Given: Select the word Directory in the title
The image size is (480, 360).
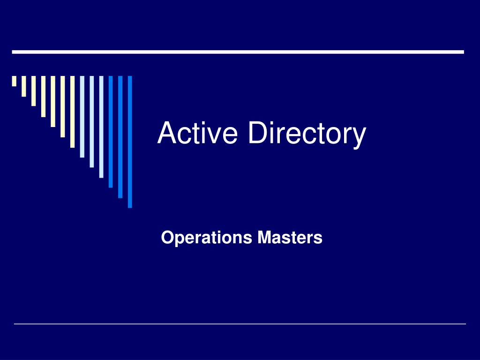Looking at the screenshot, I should coord(307,134).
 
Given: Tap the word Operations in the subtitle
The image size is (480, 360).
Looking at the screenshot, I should coord(206,238).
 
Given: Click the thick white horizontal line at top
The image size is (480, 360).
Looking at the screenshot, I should coord(238,52).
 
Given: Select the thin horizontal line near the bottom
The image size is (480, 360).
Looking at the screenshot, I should coord(240,324).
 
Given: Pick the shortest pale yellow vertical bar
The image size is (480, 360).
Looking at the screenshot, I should coord(15,81).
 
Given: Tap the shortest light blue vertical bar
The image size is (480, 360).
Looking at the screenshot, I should coord(82,117).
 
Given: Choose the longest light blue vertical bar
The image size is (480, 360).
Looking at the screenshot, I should coord(101,127).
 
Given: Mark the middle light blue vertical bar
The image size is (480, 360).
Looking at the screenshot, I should coord(92,121).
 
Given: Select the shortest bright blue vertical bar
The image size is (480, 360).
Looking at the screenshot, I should coord(111,132).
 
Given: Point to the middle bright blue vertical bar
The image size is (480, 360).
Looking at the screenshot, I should coord(120,136).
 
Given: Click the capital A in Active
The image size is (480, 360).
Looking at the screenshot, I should coord(166,133).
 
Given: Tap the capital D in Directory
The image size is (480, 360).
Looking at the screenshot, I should coord(258,133).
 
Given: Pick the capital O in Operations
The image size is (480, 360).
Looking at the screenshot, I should coord(167,238).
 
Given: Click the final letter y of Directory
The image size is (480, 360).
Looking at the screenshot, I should coord(359,137).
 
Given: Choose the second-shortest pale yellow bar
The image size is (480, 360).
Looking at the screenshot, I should coord(24,86).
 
